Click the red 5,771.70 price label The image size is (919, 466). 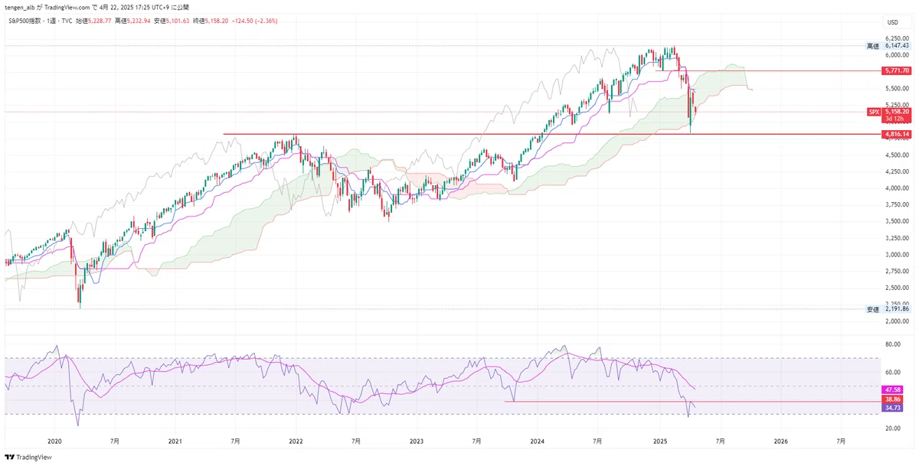click(896, 70)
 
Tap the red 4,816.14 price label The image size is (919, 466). click(896, 135)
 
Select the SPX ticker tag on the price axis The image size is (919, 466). click(873, 112)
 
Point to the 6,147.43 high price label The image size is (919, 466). click(897, 46)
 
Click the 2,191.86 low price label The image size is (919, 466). click(897, 309)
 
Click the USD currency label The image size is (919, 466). click(893, 21)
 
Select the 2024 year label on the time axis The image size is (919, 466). click(538, 442)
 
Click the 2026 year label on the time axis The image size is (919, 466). click(780, 442)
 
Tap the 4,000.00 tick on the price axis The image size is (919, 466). click(897, 188)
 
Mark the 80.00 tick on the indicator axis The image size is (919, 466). click(892, 345)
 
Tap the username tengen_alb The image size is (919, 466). click(23, 8)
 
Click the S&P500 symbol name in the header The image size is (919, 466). click(27, 21)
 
